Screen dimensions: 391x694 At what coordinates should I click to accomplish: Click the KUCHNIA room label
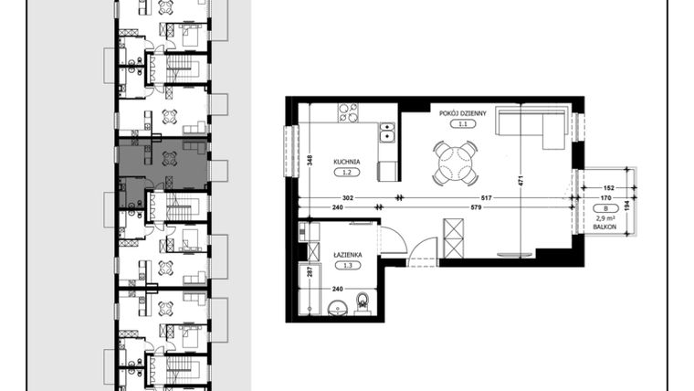click(x=347, y=161)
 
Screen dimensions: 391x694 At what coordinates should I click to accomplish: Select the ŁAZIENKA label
click(x=347, y=255)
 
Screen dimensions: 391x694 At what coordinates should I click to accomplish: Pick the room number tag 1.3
click(x=347, y=266)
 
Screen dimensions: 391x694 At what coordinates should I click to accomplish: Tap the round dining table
click(x=456, y=164)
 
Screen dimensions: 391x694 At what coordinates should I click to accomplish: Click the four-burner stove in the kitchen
click(x=348, y=113)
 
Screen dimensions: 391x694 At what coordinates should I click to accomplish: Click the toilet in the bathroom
click(x=363, y=300)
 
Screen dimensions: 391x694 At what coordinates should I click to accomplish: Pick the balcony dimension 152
click(x=607, y=187)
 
